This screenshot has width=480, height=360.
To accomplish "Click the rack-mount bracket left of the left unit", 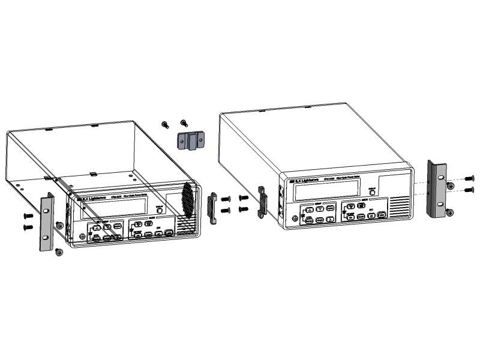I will coord(46,222).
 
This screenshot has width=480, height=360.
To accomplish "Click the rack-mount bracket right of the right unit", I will coord(436,189).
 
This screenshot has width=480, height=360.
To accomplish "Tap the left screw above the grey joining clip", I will coord(166,124).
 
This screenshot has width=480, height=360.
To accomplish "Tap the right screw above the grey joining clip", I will coord(184,122).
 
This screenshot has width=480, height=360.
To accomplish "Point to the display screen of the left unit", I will coord(114,208).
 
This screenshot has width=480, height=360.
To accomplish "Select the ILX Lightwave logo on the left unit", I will coord(90,197).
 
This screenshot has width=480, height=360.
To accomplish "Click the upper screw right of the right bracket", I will coord(469,178).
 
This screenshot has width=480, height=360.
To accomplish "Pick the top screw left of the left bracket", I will coord(28,215).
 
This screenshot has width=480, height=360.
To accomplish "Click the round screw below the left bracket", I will coord(59,252).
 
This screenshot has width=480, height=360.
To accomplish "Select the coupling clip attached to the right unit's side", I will coord(262,202).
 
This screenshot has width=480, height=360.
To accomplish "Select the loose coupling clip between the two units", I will coord(212,208).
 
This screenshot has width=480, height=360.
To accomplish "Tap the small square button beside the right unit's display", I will coord(372,193).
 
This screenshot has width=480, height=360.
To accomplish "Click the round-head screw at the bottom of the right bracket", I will coord(450,212).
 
